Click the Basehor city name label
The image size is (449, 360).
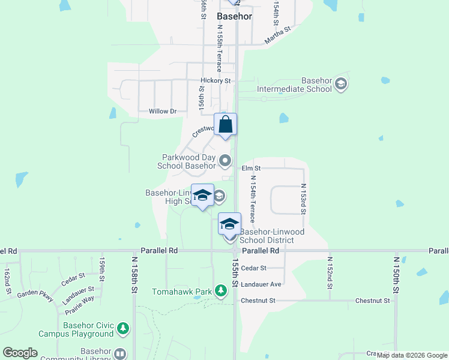click(x=234, y=17)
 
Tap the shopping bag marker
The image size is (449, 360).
click(x=225, y=125)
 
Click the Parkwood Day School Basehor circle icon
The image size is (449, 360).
click(x=225, y=160)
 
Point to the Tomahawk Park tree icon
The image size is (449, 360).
click(x=221, y=292)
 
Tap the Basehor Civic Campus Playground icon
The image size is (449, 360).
click(x=123, y=328)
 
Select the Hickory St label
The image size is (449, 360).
click(x=215, y=80)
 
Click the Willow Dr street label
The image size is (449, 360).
click(x=163, y=111)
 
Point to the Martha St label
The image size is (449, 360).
click(x=277, y=35)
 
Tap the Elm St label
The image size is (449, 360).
click(x=251, y=169)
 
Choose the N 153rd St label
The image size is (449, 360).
click(x=303, y=199)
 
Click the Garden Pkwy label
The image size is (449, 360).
click(x=35, y=295)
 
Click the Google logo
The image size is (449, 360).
click(x=20, y=353)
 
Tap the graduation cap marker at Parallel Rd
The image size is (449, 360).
click(x=229, y=224)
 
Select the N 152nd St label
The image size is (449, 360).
click(x=330, y=272)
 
